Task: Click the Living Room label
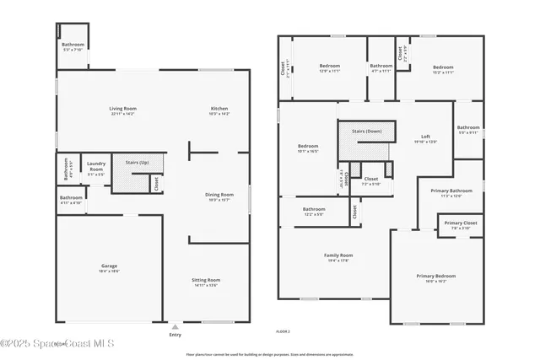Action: click(122, 109)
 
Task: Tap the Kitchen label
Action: click(219, 109)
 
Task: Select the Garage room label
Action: click(110, 266)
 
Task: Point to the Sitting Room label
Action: click(208, 281)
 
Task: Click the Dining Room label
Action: click(219, 195)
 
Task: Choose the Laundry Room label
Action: click(95, 165)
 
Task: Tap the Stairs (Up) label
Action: click(137, 162)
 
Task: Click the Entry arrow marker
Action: click(175, 325)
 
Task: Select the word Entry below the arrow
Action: click(175, 335)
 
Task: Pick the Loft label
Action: click(426, 137)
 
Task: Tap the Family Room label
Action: click(338, 255)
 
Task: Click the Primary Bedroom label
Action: click(435, 276)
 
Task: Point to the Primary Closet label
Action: click(461, 223)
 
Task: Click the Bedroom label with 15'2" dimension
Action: click(443, 66)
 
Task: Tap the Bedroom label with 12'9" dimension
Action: click(329, 66)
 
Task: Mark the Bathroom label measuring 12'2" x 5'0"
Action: click(314, 209)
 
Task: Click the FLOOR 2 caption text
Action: click(283, 331)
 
